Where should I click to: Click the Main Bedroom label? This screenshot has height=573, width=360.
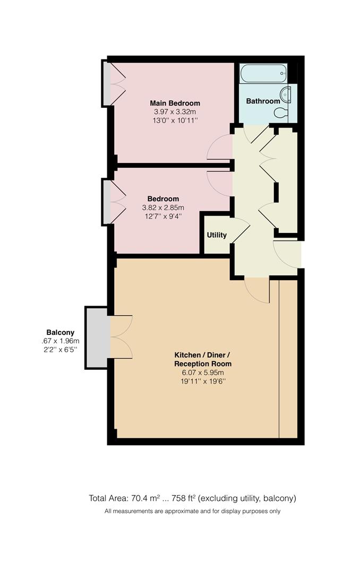click(x=175, y=103)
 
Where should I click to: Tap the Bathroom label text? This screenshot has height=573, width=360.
click(x=262, y=101)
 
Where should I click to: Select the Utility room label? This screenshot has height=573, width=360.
click(x=217, y=235)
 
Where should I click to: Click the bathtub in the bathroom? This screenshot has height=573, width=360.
click(x=263, y=73)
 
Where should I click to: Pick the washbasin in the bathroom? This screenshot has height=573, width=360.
click(x=286, y=95)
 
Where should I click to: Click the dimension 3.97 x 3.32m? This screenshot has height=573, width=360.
click(x=175, y=112)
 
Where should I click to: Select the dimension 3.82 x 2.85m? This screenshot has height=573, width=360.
click(x=163, y=207)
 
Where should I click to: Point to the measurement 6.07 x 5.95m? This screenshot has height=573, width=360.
click(x=203, y=372)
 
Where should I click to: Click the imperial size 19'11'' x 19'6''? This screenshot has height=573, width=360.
click(x=203, y=381)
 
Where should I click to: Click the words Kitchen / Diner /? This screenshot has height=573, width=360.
click(x=203, y=355)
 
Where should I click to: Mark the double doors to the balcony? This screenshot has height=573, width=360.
click(x=120, y=337)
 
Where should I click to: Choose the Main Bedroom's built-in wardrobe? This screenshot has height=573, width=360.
click(x=107, y=83)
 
